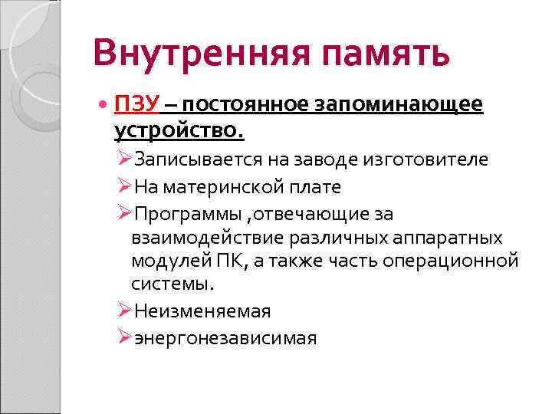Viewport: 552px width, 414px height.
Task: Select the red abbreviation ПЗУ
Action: pyautogui.click(x=136, y=103)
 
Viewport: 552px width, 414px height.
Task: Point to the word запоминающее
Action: pyautogui.click(x=399, y=104)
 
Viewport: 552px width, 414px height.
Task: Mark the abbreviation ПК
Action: pyautogui.click(x=228, y=261)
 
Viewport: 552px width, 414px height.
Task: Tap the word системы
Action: pyautogui.click(x=172, y=284)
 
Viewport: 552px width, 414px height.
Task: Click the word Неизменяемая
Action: pyautogui.click(x=202, y=310)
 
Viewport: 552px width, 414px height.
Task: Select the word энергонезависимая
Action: pyautogui.click(x=225, y=337)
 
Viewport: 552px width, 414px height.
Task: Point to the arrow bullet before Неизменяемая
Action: pyautogui.click(x=126, y=310)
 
